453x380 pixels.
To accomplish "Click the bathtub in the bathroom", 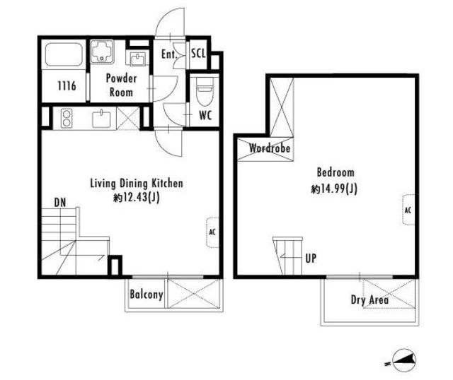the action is [x=64, y=55].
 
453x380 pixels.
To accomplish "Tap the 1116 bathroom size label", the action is [x=67, y=85].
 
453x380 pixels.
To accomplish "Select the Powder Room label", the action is [x=121, y=85].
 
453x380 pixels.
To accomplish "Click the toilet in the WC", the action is [x=205, y=91].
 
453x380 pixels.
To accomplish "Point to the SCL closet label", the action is [x=198, y=54].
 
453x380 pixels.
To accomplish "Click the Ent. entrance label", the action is [x=168, y=54].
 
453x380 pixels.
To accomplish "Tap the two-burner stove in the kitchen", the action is [x=67, y=118].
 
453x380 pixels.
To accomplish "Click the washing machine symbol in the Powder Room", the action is [x=102, y=52].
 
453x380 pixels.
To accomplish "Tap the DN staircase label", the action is [x=60, y=203].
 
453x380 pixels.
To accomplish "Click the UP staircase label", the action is [x=311, y=258].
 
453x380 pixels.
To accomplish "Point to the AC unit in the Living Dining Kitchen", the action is [x=212, y=232].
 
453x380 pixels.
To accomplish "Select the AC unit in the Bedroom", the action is [x=408, y=210].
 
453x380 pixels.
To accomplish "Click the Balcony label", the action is [x=147, y=295].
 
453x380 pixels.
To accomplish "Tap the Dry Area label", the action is [x=369, y=300].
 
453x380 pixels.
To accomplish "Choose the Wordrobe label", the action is [x=270, y=148].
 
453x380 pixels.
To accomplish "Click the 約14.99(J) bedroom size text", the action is [x=334, y=189].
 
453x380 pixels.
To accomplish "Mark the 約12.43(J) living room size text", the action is [x=137, y=198].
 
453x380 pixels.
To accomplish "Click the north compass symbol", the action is [x=404, y=360].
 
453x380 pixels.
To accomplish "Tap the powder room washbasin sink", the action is [x=137, y=59].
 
